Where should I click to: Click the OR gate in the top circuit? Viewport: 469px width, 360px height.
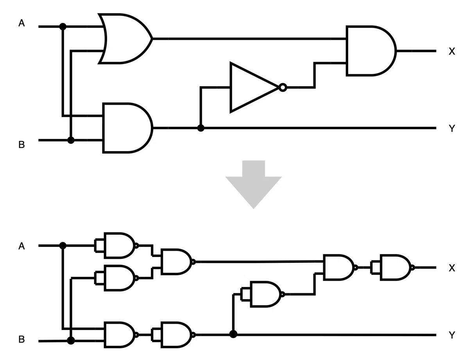pos(125,39)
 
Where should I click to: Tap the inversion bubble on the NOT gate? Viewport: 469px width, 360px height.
pos(283,87)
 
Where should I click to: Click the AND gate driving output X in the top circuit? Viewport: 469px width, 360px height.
pos(371,51)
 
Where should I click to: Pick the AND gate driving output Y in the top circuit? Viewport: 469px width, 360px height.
pos(128,128)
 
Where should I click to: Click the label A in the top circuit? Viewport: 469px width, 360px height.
pos(21,23)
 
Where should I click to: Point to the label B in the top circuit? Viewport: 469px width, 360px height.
pos(21,144)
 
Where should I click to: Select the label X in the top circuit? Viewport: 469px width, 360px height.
pos(452,51)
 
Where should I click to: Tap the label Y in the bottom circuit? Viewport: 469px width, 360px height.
pos(452,335)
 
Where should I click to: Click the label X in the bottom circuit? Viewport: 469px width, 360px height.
pos(452,268)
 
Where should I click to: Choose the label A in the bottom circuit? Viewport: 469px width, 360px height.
pos(21,246)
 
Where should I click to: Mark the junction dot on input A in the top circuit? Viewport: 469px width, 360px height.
pos(63,27)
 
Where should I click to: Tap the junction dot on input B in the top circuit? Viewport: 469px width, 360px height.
pos(71,140)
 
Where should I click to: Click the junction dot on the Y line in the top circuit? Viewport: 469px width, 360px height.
pos(201,128)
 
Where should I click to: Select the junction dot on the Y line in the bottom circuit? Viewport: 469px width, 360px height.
pos(233,334)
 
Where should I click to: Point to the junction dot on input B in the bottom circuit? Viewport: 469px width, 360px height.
pos(71,340)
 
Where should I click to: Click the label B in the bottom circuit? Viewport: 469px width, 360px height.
pos(21,340)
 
